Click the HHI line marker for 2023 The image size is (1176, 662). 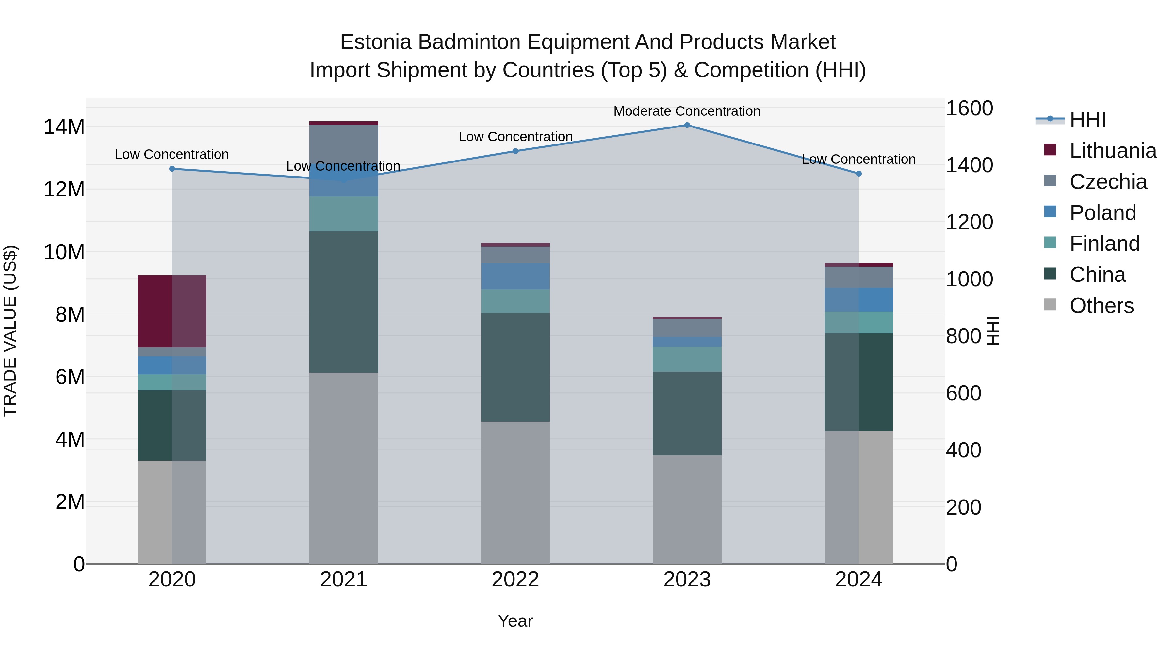tap(687, 125)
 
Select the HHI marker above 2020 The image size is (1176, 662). tap(172, 169)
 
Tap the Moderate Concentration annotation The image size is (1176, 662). tap(687, 111)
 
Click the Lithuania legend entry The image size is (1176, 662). tap(1113, 151)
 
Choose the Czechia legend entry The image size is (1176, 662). tap(1108, 182)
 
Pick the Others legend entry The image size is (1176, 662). tap(1101, 306)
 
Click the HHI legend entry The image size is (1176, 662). tap(1087, 120)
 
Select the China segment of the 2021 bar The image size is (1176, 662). tap(343, 301)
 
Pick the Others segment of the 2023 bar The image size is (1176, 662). tap(687, 509)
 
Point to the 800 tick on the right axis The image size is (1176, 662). tap(963, 336)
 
